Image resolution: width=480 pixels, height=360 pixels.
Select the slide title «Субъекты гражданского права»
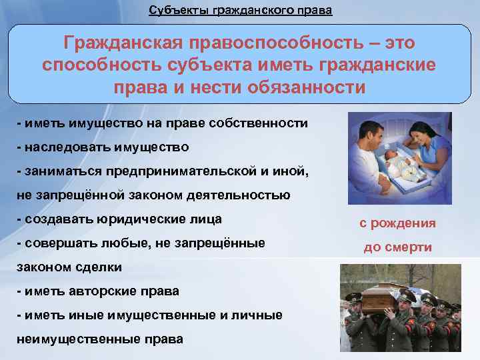pyautogui.click(x=240, y=11)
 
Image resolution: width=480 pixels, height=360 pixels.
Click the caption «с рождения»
pyautogui.click(x=397, y=223)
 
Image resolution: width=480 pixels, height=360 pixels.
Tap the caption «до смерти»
pyautogui.click(x=397, y=247)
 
